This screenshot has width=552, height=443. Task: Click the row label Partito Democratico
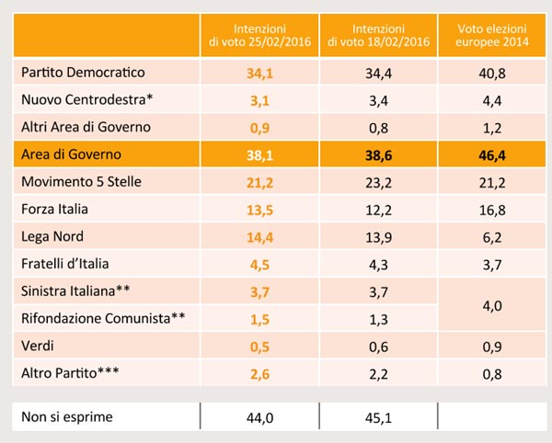click(x=83, y=73)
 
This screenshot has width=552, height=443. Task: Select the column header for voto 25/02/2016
click(x=259, y=35)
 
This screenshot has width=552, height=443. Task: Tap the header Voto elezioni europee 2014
click(x=492, y=35)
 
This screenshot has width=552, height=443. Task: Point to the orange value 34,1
click(x=259, y=74)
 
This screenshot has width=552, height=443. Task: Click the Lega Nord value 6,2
click(x=492, y=238)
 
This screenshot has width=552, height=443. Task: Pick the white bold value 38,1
click(x=259, y=155)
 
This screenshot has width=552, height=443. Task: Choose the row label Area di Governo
click(x=71, y=154)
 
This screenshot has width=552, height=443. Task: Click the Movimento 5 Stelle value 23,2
click(x=378, y=183)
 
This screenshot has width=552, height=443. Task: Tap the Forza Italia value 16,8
click(x=492, y=210)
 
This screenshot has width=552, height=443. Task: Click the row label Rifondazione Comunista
click(x=103, y=319)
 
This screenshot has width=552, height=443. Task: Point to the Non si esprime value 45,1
click(x=378, y=417)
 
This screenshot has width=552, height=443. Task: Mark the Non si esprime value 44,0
click(x=259, y=417)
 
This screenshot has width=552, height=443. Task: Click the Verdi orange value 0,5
click(x=259, y=347)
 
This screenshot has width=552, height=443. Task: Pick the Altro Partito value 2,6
click(x=259, y=374)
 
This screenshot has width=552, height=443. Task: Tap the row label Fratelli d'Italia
click(x=64, y=264)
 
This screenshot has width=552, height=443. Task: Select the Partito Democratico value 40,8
click(x=492, y=74)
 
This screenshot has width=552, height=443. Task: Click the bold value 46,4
click(x=492, y=155)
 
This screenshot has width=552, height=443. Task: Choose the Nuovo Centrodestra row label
click(x=87, y=99)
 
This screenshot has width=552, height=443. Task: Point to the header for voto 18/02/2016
click(x=378, y=35)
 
